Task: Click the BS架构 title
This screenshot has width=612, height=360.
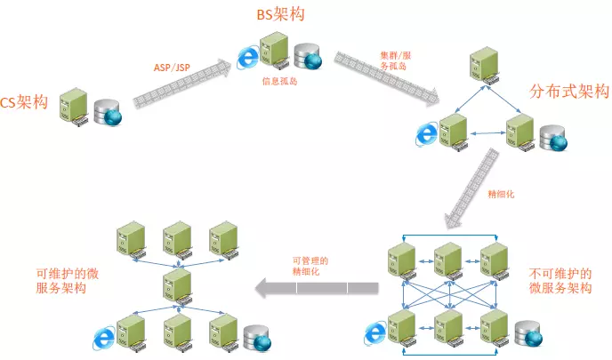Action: (x=280, y=14)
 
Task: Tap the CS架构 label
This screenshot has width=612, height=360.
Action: (x=24, y=102)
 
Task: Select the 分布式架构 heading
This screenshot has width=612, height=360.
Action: (x=569, y=92)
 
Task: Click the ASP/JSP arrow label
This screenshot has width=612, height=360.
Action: (x=172, y=68)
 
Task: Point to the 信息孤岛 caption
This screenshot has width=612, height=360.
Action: (x=280, y=81)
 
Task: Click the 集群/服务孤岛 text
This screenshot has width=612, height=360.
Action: (x=395, y=60)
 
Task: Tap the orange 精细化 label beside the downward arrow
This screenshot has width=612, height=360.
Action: (x=501, y=194)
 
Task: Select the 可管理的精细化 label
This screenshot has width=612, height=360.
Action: (x=310, y=266)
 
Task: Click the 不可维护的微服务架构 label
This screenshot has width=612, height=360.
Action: (x=560, y=281)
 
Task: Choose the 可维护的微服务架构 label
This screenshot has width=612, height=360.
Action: (x=67, y=281)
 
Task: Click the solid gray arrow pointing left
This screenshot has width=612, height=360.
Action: (x=317, y=288)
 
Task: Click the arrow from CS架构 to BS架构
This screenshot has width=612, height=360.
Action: (x=182, y=83)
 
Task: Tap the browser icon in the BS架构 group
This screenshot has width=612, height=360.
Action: (x=248, y=58)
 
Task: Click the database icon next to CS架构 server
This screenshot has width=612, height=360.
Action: (x=108, y=112)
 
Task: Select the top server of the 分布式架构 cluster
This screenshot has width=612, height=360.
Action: (x=485, y=65)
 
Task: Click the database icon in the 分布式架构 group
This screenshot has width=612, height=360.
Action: (x=553, y=138)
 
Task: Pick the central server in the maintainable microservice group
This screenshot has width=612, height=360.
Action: (x=178, y=287)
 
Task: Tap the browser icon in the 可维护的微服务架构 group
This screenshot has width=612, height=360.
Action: (x=104, y=338)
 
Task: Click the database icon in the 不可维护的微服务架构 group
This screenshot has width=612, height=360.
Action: (x=528, y=334)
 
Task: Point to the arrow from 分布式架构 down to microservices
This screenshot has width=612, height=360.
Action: (x=472, y=188)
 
